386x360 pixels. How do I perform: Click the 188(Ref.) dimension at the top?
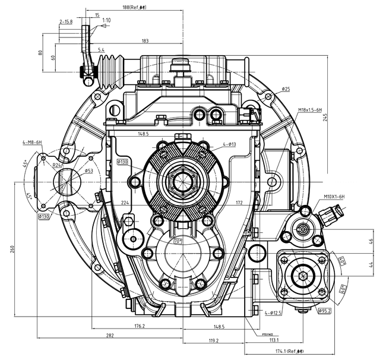tap(134, 7)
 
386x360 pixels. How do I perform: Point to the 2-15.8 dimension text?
tap(65, 21)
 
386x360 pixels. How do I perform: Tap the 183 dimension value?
tap(145, 41)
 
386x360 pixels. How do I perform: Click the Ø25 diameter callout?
tap(286, 89)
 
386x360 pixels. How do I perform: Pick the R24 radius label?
tap(58, 165)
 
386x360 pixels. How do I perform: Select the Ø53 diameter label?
tap(88, 170)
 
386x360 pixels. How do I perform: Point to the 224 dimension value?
tap(125, 203)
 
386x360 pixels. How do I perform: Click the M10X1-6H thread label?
tap(336, 196)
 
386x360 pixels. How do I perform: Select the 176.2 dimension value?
tap(140, 326)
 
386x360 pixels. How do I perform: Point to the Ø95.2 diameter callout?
tap(324, 311)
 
